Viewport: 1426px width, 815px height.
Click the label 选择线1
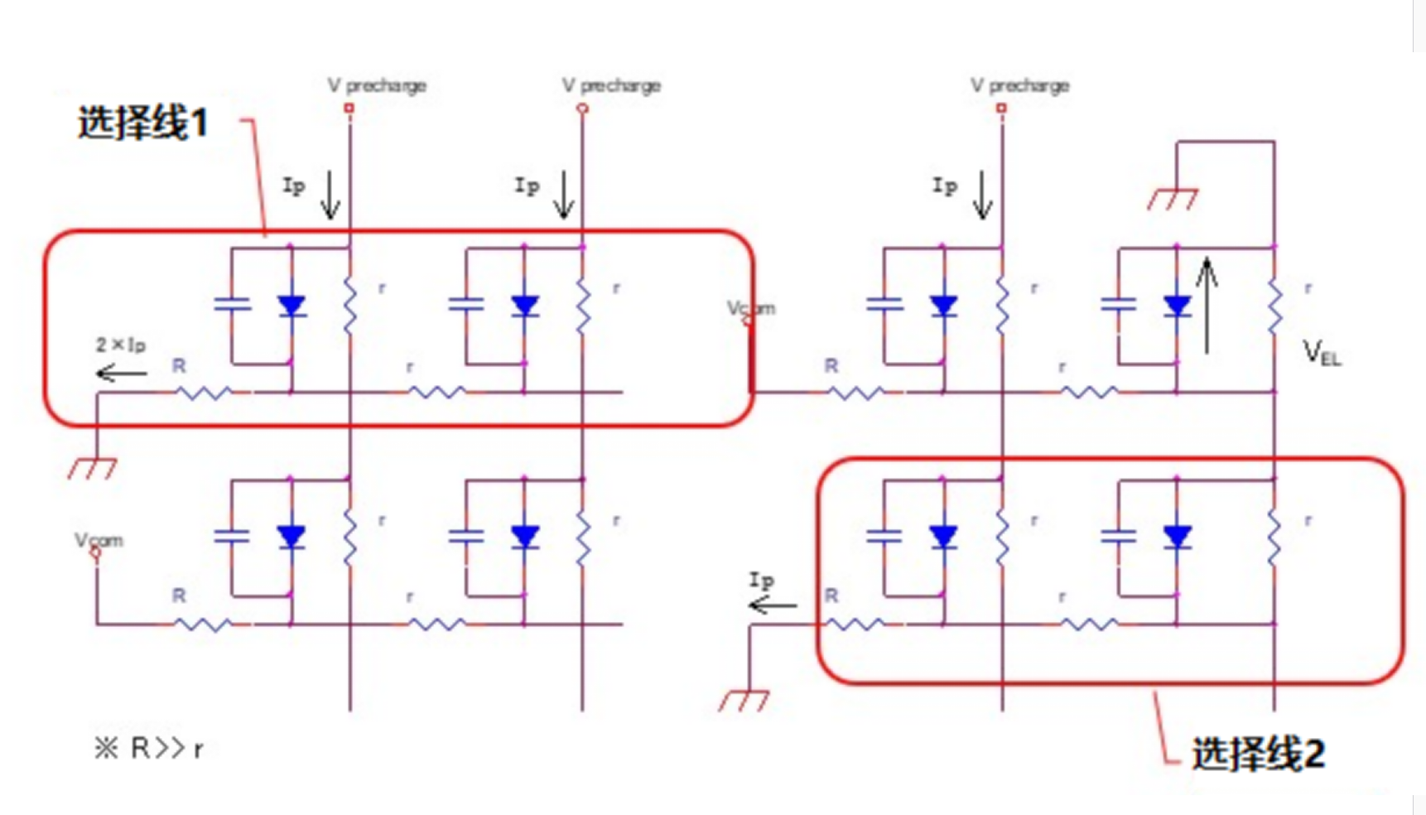142,123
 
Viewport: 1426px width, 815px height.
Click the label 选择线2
1257,754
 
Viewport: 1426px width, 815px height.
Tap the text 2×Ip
121,345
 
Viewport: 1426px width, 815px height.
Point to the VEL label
1322,354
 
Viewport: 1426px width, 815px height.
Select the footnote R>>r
149,749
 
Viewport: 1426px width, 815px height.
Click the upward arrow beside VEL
1207,305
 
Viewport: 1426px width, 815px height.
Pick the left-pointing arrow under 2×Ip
121,374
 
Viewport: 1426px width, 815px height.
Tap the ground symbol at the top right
1172,199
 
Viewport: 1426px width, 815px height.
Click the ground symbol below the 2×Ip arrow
92,469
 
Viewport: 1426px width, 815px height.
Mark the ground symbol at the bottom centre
744,701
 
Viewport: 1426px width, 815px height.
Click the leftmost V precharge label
377,85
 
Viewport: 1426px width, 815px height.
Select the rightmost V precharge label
1020,85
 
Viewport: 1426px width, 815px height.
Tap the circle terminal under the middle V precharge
583,109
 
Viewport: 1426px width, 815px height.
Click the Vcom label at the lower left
99,540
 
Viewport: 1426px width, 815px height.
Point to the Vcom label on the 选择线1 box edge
750,308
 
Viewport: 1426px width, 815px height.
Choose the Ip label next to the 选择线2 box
761,580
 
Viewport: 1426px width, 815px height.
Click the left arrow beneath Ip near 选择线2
772,606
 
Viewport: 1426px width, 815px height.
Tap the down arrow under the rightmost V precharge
983,195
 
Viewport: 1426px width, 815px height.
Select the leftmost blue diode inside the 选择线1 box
291,306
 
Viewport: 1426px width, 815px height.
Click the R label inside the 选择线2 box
831,596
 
